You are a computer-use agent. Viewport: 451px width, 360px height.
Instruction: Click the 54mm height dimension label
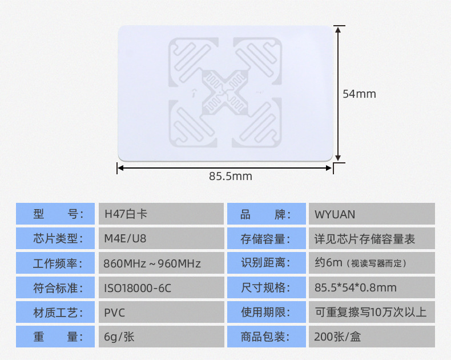(359, 94)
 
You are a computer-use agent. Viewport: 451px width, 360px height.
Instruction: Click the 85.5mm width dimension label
(230, 176)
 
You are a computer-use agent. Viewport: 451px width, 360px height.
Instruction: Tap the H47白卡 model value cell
(160, 214)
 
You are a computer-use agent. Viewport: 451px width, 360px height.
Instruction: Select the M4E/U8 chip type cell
(160, 239)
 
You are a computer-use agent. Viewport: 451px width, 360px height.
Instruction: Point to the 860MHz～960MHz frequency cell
(160, 263)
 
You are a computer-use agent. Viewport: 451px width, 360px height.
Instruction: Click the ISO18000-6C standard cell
(160, 288)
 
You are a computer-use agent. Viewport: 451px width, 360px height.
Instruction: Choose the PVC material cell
(160, 313)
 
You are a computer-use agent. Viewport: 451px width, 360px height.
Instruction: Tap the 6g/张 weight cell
(160, 337)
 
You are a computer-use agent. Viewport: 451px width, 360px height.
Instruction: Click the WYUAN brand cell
(371, 214)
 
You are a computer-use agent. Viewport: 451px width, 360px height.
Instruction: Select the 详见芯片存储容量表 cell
(371, 239)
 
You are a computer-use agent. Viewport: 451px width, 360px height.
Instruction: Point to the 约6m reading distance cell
(371, 263)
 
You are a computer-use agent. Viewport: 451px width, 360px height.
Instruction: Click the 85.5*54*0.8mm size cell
(371, 288)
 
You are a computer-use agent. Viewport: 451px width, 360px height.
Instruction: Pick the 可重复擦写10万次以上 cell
(371, 313)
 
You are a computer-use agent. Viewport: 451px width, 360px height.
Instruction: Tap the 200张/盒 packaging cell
(371, 337)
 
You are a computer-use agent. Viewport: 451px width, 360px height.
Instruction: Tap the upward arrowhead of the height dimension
(338, 29)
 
